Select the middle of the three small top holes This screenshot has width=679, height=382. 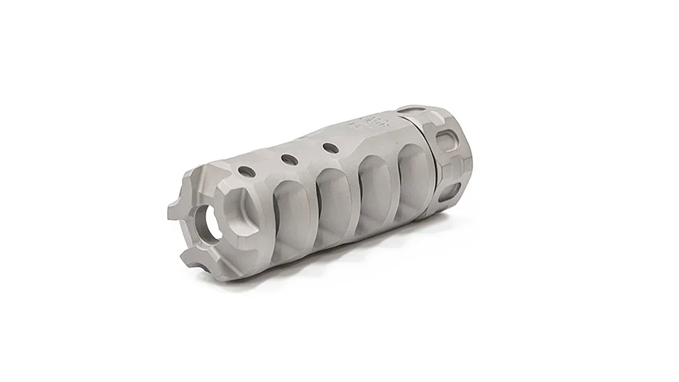click(289, 160)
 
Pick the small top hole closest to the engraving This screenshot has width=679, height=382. click(331, 148)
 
